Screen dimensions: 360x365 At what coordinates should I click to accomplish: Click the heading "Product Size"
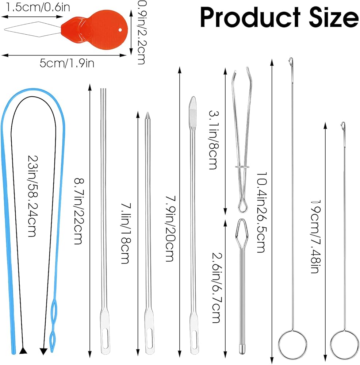[279, 17]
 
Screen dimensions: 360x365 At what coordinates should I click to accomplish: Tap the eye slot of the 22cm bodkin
[104, 343]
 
